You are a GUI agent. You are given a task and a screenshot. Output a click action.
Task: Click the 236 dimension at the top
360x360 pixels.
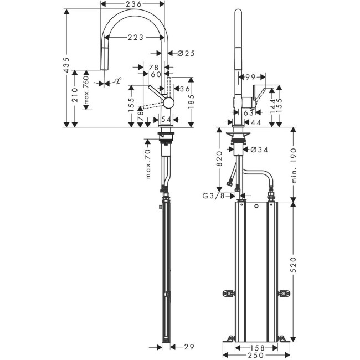(x=132, y=4)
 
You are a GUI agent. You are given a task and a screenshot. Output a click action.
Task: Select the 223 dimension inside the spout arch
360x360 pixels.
(x=132, y=37)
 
